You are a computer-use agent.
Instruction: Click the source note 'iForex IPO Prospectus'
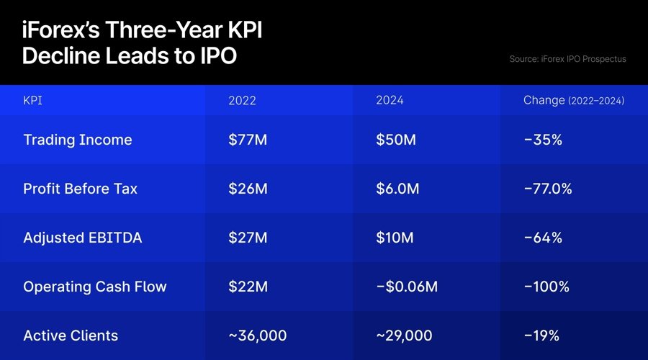tap(567, 59)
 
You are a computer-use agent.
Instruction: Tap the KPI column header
tap(32, 101)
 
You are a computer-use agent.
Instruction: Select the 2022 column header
tap(242, 101)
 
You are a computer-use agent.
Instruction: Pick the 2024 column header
tap(390, 101)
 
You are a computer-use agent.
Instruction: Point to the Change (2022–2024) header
tap(573, 101)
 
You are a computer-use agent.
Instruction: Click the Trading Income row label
tap(78, 140)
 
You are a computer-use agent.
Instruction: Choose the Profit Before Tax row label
tap(80, 189)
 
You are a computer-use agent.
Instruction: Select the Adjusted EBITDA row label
tap(82, 238)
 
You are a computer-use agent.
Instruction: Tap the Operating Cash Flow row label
tap(95, 287)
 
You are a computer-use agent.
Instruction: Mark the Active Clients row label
tap(71, 336)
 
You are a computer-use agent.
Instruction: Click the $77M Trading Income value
tap(247, 140)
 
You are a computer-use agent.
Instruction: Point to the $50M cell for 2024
tap(395, 140)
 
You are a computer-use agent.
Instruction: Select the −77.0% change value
tap(547, 189)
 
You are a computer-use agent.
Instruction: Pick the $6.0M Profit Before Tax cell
tap(398, 189)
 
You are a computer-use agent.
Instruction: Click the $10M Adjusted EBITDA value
tap(395, 238)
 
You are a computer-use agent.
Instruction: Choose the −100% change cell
tap(546, 287)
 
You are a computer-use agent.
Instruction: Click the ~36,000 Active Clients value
tap(257, 336)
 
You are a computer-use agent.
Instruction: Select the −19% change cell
tap(541, 336)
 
